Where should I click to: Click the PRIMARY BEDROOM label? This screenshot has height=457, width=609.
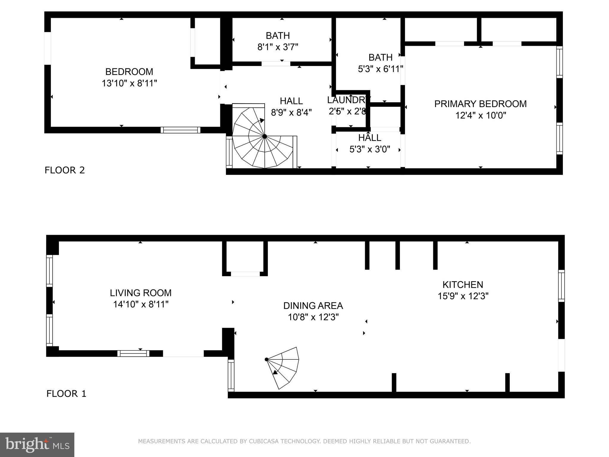(x=480, y=104)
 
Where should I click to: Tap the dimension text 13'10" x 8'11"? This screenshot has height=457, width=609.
(x=129, y=83)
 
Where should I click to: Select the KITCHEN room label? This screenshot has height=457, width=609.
(x=463, y=285)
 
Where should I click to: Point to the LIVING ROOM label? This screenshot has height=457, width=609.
(x=141, y=293)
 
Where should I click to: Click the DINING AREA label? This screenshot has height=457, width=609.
(x=313, y=306)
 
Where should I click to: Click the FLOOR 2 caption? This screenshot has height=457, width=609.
(x=65, y=170)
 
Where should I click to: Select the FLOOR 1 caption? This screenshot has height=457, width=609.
(x=66, y=394)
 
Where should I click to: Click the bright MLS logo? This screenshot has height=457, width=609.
(x=37, y=445)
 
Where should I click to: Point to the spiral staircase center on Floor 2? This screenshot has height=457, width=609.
(x=264, y=137)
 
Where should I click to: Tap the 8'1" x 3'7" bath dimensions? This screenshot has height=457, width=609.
(x=278, y=47)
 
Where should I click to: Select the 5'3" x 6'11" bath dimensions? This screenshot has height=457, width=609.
(x=380, y=69)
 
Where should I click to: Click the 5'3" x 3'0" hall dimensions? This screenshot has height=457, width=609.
(x=370, y=149)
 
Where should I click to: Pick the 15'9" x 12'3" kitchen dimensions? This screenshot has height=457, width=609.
(x=463, y=296)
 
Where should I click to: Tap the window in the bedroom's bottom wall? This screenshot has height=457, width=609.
(x=180, y=130)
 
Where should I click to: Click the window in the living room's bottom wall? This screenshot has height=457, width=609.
(x=133, y=353)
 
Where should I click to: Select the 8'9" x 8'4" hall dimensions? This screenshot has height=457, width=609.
(x=291, y=112)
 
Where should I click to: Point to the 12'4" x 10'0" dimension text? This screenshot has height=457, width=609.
(x=481, y=115)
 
